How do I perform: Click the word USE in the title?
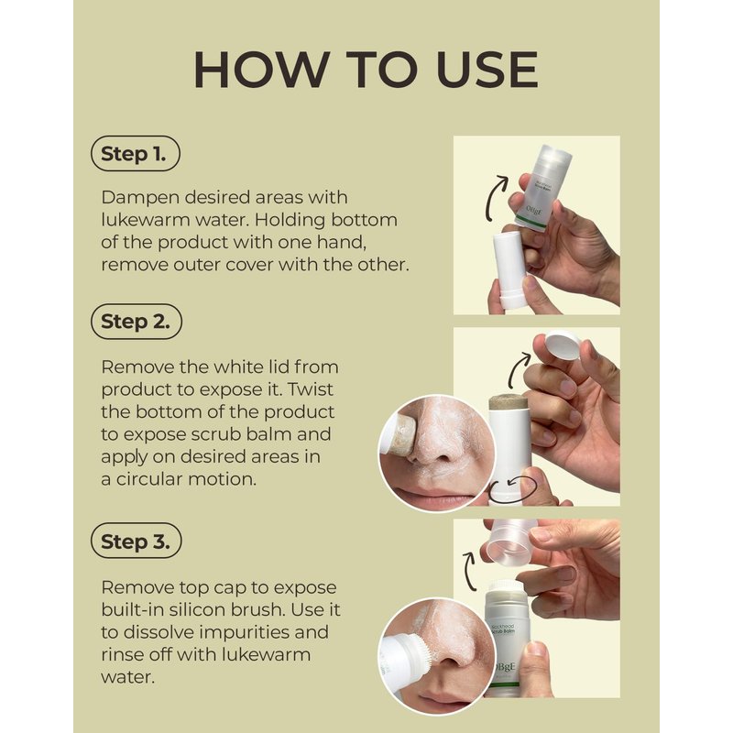pyautogui.click(x=487, y=70)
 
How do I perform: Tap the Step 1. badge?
pyautogui.click(x=135, y=154)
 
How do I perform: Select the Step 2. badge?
pyautogui.click(x=136, y=322)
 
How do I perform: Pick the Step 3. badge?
pyautogui.click(x=136, y=541)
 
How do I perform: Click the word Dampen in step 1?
pyautogui.click(x=140, y=198)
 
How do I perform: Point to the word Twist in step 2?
pyautogui.click(x=311, y=388)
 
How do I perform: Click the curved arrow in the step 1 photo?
pyautogui.click(x=496, y=198)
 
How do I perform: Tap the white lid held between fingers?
pyautogui.click(x=563, y=345)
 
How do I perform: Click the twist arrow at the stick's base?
pyautogui.click(x=511, y=490)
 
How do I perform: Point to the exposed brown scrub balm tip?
pyautogui.click(x=509, y=403)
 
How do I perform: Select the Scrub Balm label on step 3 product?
pyautogui.click(x=502, y=631)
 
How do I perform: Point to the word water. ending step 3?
pyautogui.click(x=127, y=677)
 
